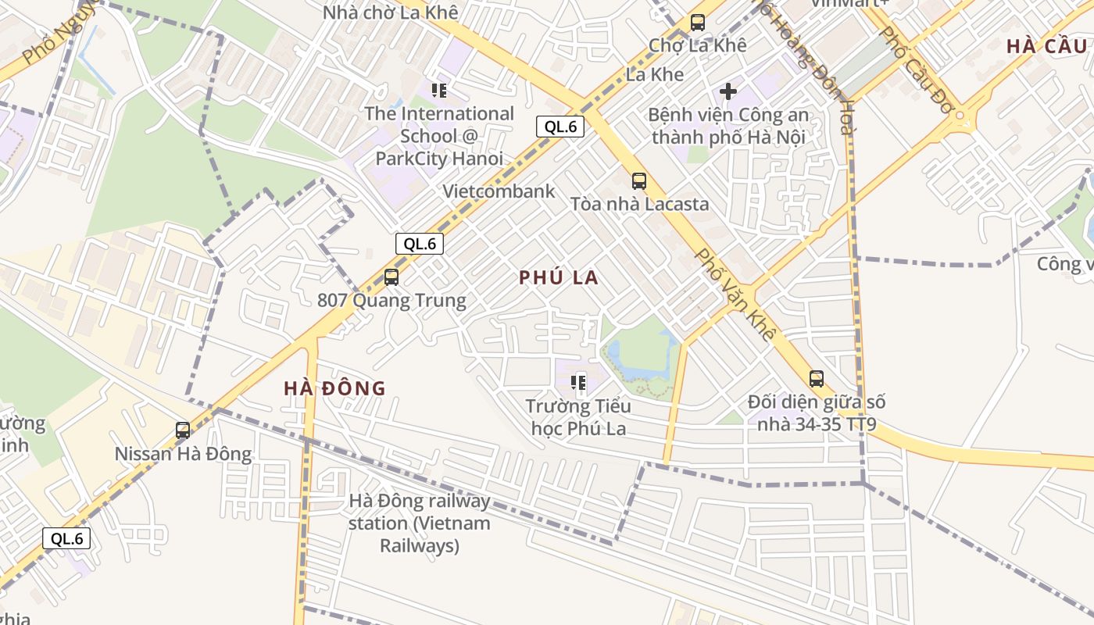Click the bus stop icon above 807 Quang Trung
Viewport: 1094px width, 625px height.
[391, 277]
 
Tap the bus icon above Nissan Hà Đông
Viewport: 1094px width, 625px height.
[183, 430]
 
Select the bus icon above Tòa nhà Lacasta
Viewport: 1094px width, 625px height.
[638, 181]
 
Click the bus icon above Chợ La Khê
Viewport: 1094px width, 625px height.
[698, 23]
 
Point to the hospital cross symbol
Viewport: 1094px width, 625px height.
[728, 91]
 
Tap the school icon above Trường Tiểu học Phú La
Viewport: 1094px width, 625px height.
[578, 383]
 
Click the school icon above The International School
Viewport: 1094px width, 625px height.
[439, 91]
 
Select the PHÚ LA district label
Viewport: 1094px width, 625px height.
[559, 277]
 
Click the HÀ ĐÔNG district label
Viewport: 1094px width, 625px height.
[334, 388]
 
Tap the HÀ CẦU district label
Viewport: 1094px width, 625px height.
[1046, 46]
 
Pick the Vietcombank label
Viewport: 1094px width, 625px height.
[499, 191]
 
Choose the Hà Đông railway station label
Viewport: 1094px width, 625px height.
[420, 523]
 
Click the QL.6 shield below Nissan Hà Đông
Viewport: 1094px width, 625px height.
[66, 538]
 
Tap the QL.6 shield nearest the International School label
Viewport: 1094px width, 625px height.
[560, 127]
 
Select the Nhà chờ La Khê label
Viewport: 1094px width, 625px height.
[390, 12]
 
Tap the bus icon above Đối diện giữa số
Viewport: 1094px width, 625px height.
[817, 379]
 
